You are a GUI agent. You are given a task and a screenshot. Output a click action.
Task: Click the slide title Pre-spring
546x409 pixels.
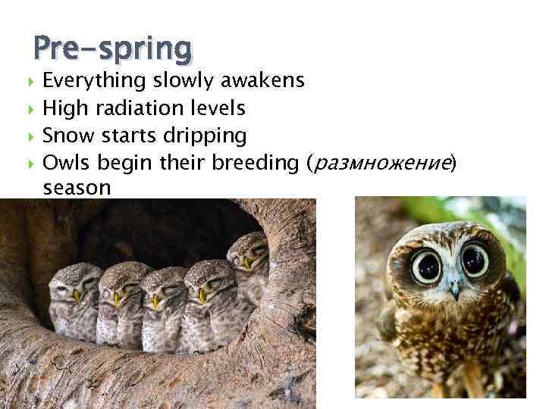coord(112,49)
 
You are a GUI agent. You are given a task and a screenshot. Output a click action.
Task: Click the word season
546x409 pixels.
coord(77,187)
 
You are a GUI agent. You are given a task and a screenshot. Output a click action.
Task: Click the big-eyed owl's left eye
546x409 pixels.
coord(427,264)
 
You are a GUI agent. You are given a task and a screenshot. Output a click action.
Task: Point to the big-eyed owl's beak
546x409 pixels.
coord(453,287)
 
